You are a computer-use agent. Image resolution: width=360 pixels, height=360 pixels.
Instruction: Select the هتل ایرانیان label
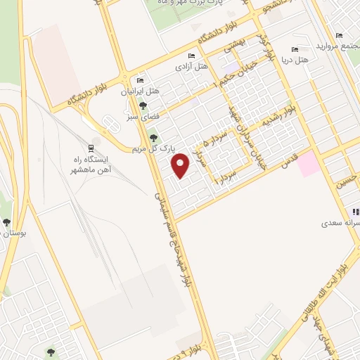pyautogui.click(x=136, y=91)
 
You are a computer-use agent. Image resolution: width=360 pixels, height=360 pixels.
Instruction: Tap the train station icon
pyautogui.click(x=91, y=148)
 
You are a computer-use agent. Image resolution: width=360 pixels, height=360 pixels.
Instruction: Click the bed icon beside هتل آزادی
pyautogui.click(x=192, y=56)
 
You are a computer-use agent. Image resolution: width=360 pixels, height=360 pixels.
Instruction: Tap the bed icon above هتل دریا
pyautogui.click(x=294, y=49)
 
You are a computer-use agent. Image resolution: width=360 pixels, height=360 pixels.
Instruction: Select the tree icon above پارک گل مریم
pyautogui.click(x=154, y=138)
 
